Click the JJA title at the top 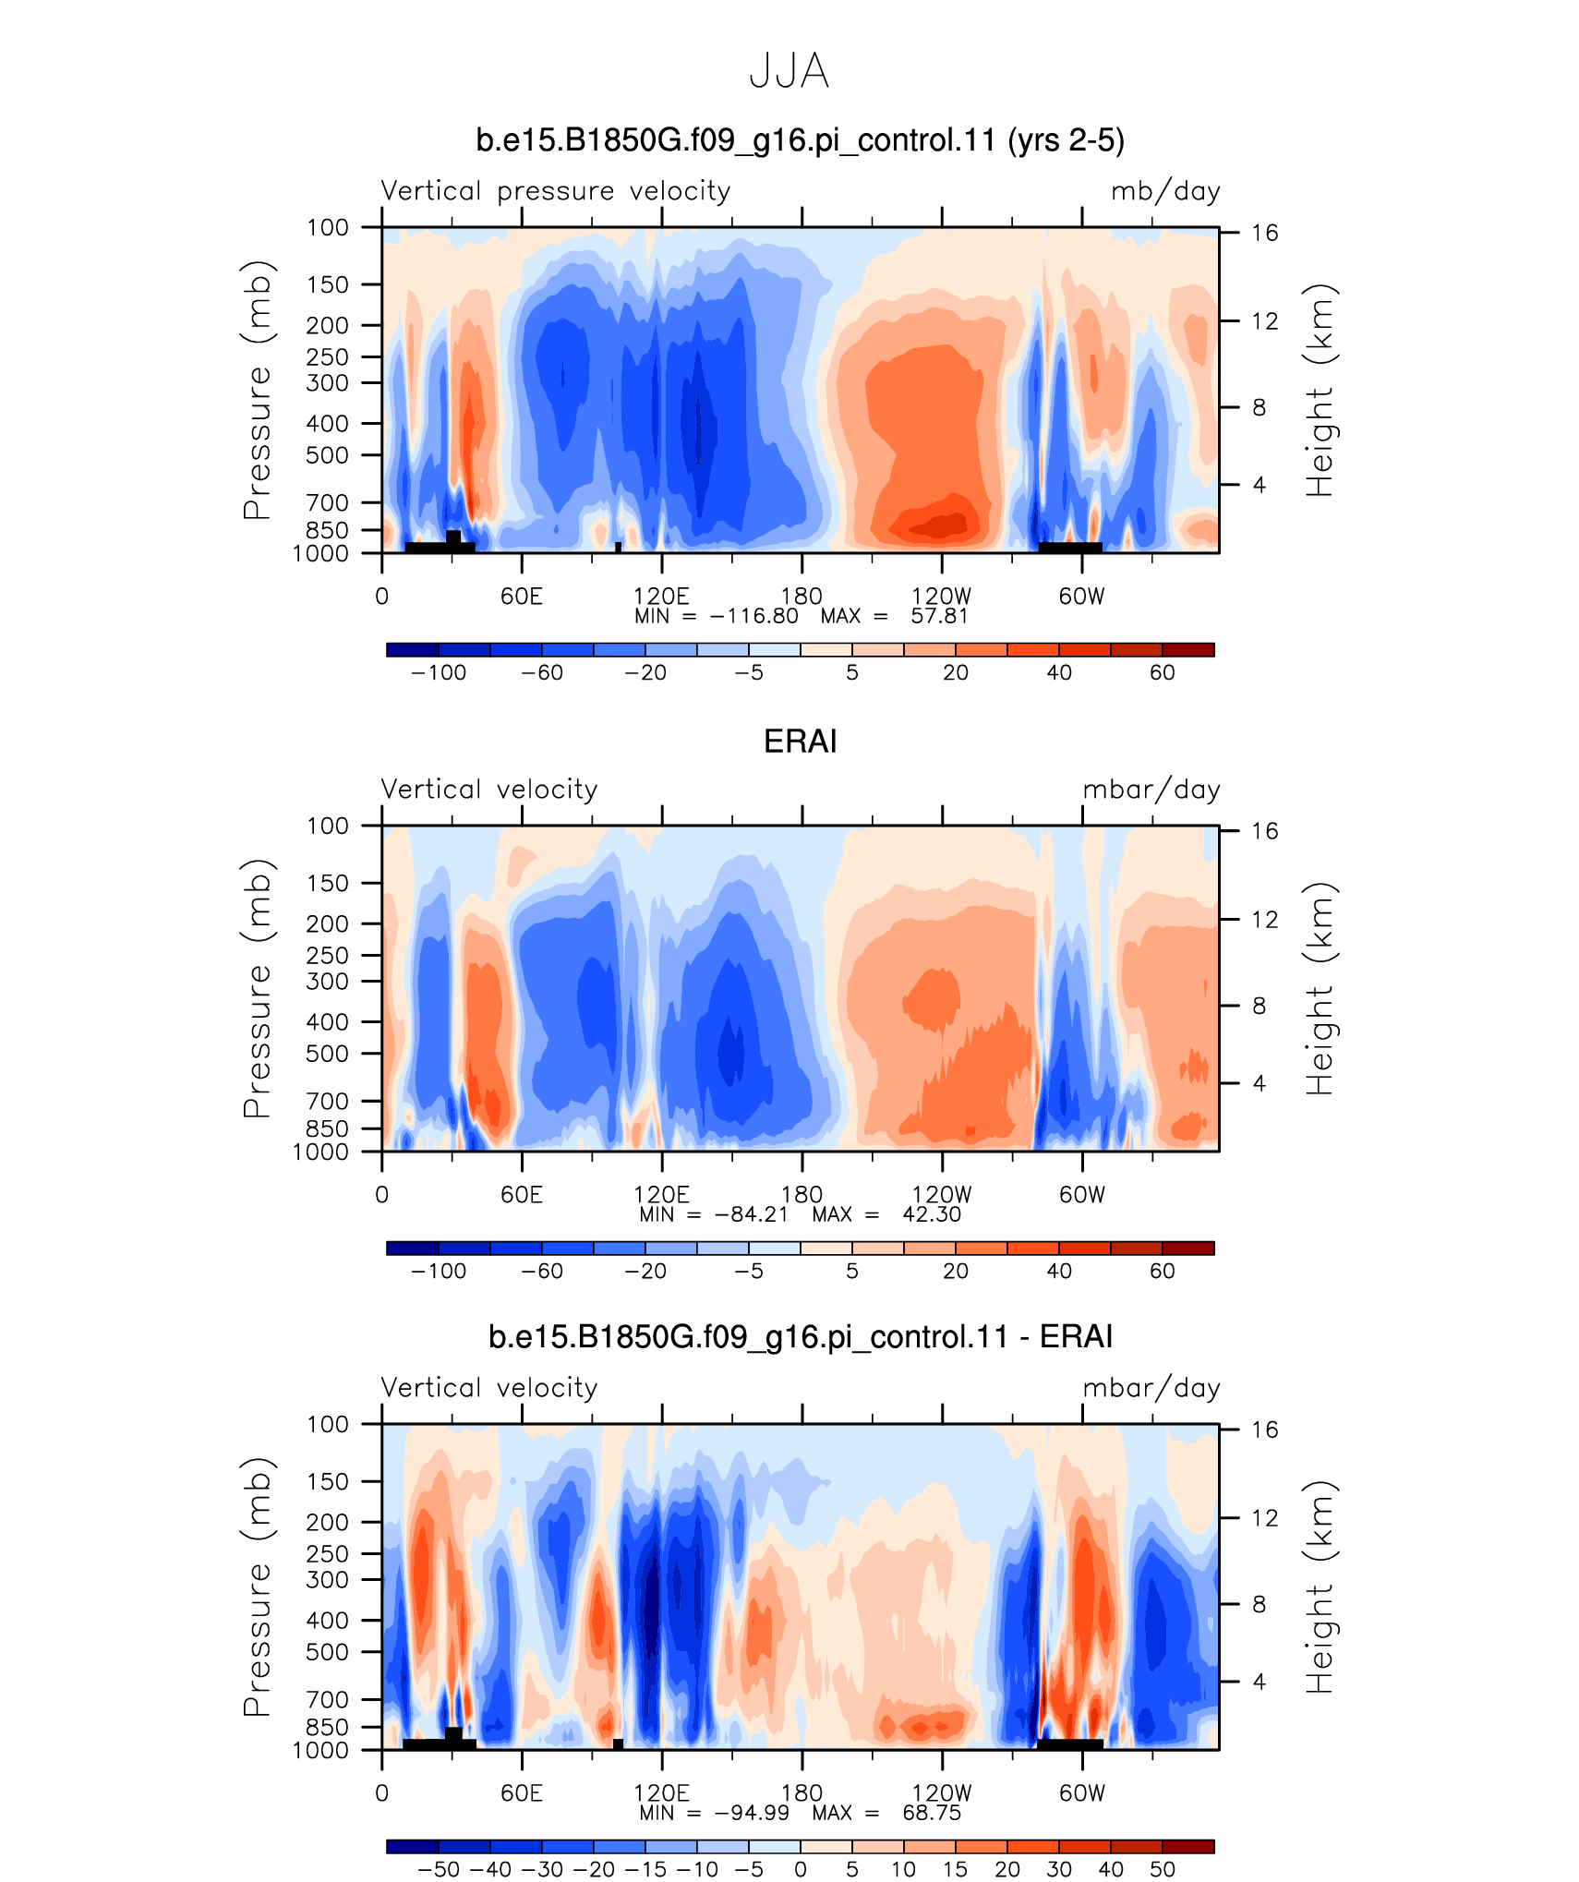789,71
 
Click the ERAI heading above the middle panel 800,742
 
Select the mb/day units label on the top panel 1165,191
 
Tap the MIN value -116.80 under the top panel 753,616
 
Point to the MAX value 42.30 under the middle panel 932,1214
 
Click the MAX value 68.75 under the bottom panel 932,1813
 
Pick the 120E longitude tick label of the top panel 661,596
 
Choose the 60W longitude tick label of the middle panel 1081,1194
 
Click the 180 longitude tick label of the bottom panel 802,1792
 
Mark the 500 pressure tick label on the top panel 328,455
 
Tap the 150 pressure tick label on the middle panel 328,883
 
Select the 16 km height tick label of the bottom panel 1264,1430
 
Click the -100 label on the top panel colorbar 439,672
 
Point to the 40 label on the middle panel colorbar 1059,1271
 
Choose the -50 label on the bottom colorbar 439,1869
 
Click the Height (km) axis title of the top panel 1320,391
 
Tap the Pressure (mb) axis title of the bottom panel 258,1586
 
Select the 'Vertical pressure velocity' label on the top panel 556,191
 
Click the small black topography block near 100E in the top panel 618,547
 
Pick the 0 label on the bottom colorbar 801,1869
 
